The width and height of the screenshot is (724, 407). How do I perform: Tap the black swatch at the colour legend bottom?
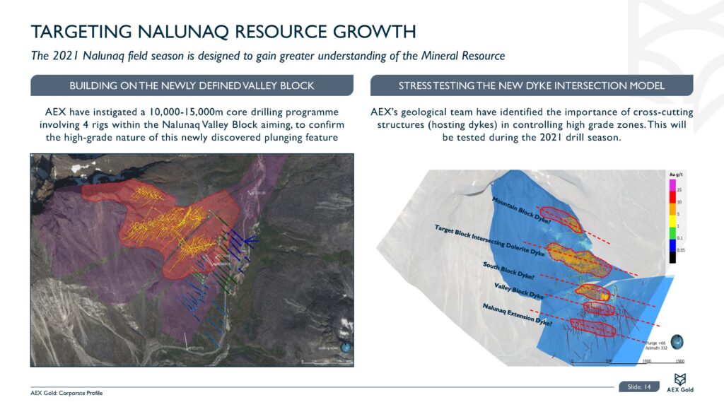pos(672,257)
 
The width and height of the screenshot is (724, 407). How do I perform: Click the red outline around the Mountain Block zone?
pos(560,218)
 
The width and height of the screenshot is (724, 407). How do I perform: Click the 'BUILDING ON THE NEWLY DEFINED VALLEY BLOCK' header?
pos(192,86)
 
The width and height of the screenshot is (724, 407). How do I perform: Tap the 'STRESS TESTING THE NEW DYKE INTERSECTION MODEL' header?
pos(531,86)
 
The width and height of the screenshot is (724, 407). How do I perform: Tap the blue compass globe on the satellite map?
pos(345,347)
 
